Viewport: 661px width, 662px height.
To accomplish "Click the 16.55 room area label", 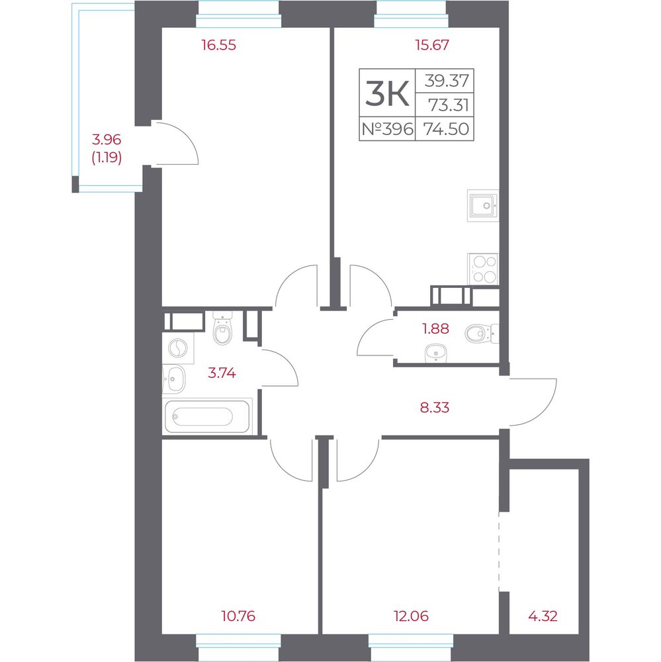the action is [x=218, y=45].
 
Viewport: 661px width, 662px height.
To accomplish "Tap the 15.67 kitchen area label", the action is [x=432, y=45].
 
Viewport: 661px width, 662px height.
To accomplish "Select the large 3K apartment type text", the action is [x=387, y=94].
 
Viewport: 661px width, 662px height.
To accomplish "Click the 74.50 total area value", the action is [x=446, y=128].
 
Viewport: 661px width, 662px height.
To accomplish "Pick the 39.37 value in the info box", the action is [x=447, y=80].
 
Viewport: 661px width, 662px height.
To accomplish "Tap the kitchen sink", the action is [x=483, y=206].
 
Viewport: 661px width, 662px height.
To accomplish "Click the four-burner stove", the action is [x=483, y=269].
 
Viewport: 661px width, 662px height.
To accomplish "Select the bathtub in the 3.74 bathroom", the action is [x=207, y=416].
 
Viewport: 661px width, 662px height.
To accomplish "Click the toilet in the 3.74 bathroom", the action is [x=222, y=328].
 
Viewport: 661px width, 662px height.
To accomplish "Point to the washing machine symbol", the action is [x=178, y=349].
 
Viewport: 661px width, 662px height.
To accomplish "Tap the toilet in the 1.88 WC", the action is [x=482, y=334].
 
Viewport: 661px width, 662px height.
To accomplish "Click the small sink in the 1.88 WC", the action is [x=436, y=353].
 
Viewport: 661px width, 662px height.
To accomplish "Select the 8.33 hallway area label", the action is [x=435, y=407].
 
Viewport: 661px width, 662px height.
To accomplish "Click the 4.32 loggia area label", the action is [x=543, y=616].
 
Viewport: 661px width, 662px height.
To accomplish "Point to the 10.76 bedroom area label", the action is [x=238, y=616].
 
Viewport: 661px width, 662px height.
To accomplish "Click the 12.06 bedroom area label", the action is [x=411, y=616].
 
